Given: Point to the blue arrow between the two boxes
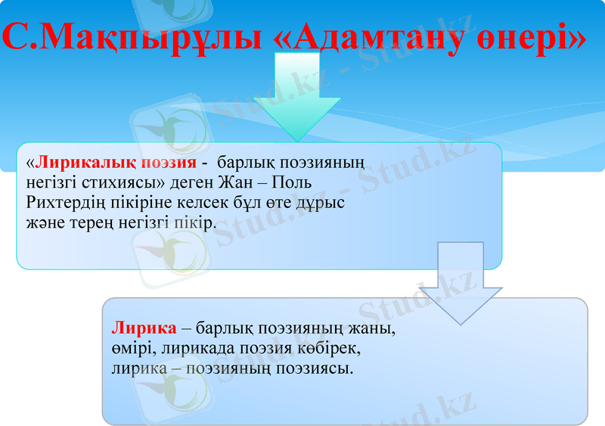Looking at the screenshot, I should click(x=461, y=284).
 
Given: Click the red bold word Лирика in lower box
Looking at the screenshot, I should click(x=144, y=330).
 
